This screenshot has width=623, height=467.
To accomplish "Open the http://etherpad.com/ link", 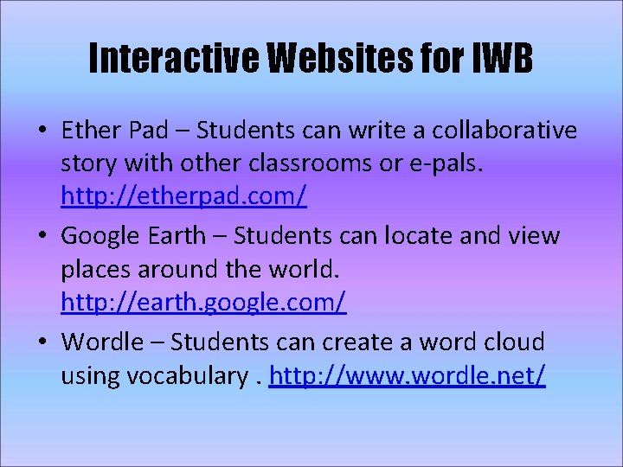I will click(x=183, y=198).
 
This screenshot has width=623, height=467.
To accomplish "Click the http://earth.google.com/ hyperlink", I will click(x=203, y=303).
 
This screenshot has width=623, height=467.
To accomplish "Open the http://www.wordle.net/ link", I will click(x=407, y=376).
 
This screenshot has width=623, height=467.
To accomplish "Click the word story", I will click(x=87, y=165).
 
